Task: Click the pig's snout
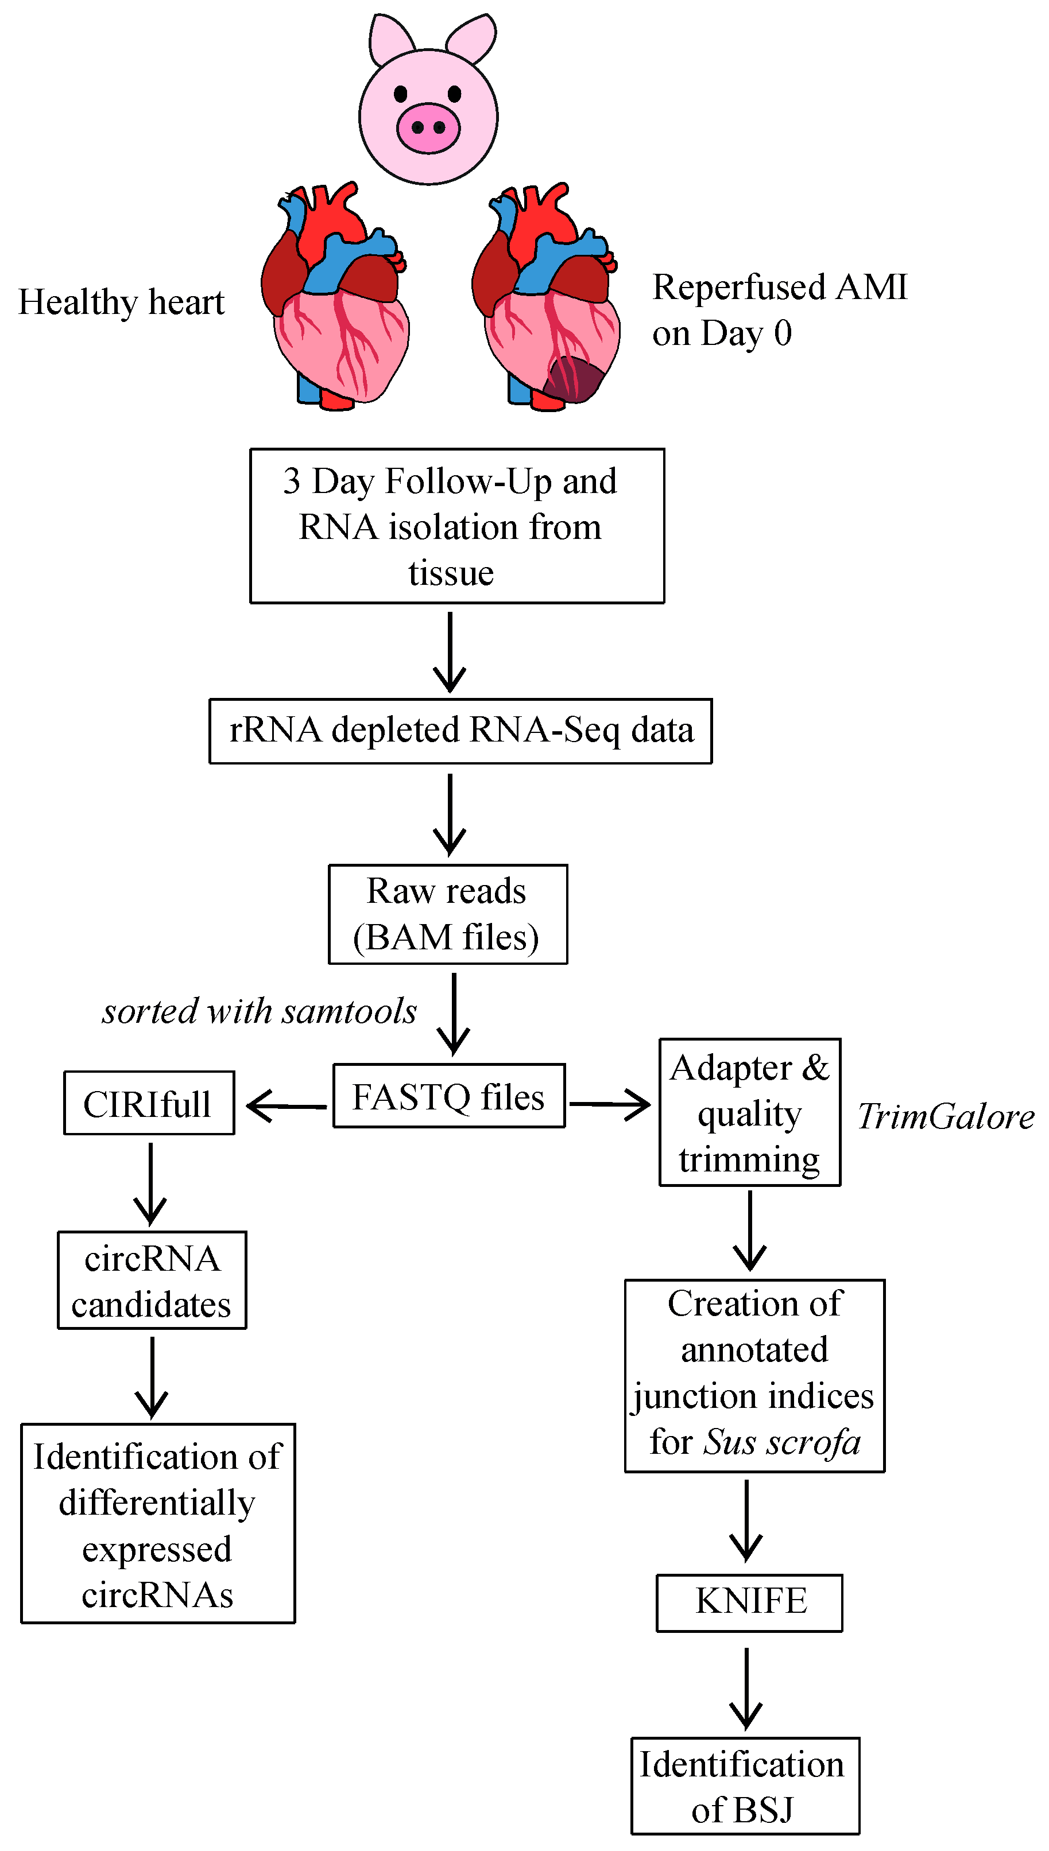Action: point(428,127)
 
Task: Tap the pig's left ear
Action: point(389,40)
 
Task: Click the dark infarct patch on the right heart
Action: point(573,378)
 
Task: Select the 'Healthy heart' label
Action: point(121,302)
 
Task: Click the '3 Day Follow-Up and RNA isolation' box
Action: point(457,526)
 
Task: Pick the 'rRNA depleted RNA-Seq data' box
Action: point(460,730)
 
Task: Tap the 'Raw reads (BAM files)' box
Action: point(447,914)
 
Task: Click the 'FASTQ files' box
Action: point(448,1096)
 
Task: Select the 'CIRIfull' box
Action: point(148,1103)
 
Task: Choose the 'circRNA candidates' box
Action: point(152,1280)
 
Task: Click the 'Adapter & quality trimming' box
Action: point(749,1113)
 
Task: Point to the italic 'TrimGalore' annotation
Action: point(945,1116)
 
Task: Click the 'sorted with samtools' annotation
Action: point(260,1011)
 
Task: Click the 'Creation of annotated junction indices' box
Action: point(754,1376)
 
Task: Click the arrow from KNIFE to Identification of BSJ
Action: point(746,1689)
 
